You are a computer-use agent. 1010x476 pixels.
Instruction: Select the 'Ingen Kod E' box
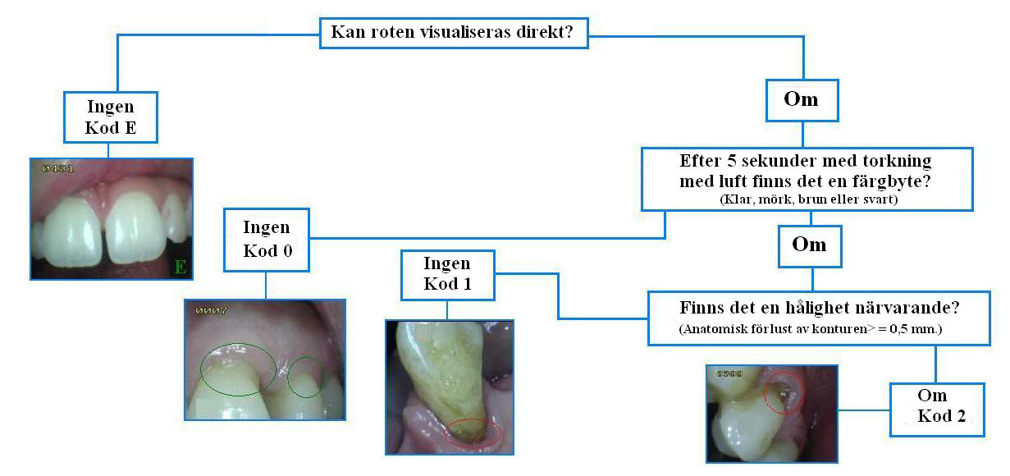click(x=110, y=117)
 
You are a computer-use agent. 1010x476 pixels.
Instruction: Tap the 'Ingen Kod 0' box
click(x=267, y=238)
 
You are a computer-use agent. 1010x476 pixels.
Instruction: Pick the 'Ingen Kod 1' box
click(x=447, y=274)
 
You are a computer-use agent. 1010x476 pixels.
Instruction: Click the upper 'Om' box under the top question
click(x=801, y=99)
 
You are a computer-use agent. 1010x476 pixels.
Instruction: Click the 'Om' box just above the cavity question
click(x=809, y=245)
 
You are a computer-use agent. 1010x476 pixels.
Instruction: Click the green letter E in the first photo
click(x=180, y=266)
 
